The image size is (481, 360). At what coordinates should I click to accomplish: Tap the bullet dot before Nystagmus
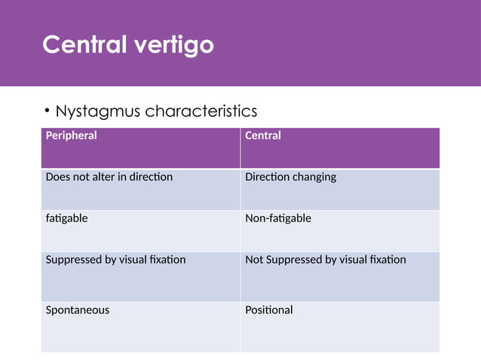[47, 112]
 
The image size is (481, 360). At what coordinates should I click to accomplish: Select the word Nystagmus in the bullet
[98, 111]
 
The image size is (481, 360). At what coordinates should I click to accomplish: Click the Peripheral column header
[72, 136]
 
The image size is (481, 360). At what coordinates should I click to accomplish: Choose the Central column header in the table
[263, 136]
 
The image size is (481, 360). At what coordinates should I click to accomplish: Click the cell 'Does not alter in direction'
[109, 177]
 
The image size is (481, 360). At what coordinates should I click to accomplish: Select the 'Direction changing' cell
[291, 177]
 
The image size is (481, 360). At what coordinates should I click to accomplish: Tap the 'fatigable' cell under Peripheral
[66, 218]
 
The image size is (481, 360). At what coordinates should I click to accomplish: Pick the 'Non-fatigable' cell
[278, 218]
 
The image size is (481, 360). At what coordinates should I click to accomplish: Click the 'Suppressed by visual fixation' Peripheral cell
[115, 260]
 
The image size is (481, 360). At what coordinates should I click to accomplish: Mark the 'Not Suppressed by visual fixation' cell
[326, 260]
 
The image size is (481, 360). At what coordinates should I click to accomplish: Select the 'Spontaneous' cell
[77, 310]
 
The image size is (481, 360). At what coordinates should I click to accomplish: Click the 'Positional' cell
[269, 310]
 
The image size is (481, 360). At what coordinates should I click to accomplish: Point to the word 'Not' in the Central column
[255, 260]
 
